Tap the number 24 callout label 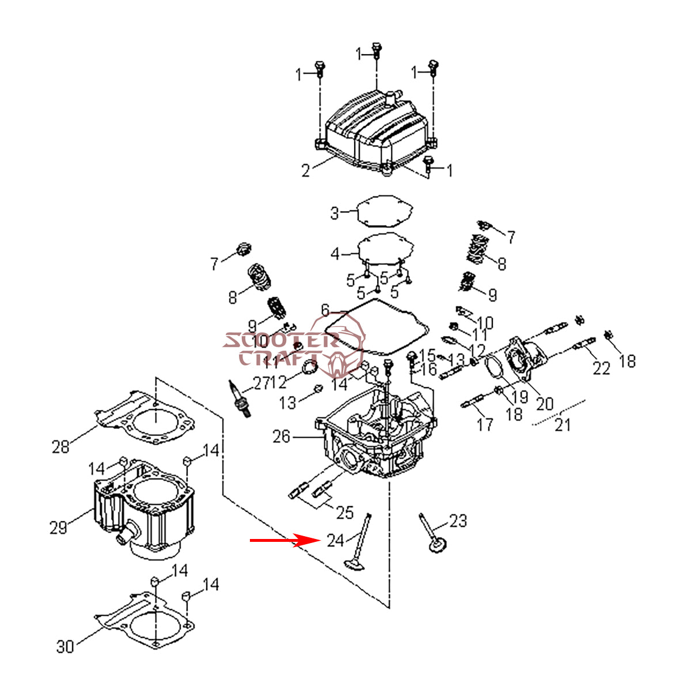(336, 541)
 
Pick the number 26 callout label (282, 437)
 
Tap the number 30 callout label (65, 647)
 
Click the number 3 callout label (335, 213)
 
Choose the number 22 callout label (601, 368)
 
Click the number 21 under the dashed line (562, 425)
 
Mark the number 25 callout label (344, 511)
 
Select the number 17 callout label (485, 424)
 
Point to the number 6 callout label (325, 311)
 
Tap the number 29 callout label (58, 527)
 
